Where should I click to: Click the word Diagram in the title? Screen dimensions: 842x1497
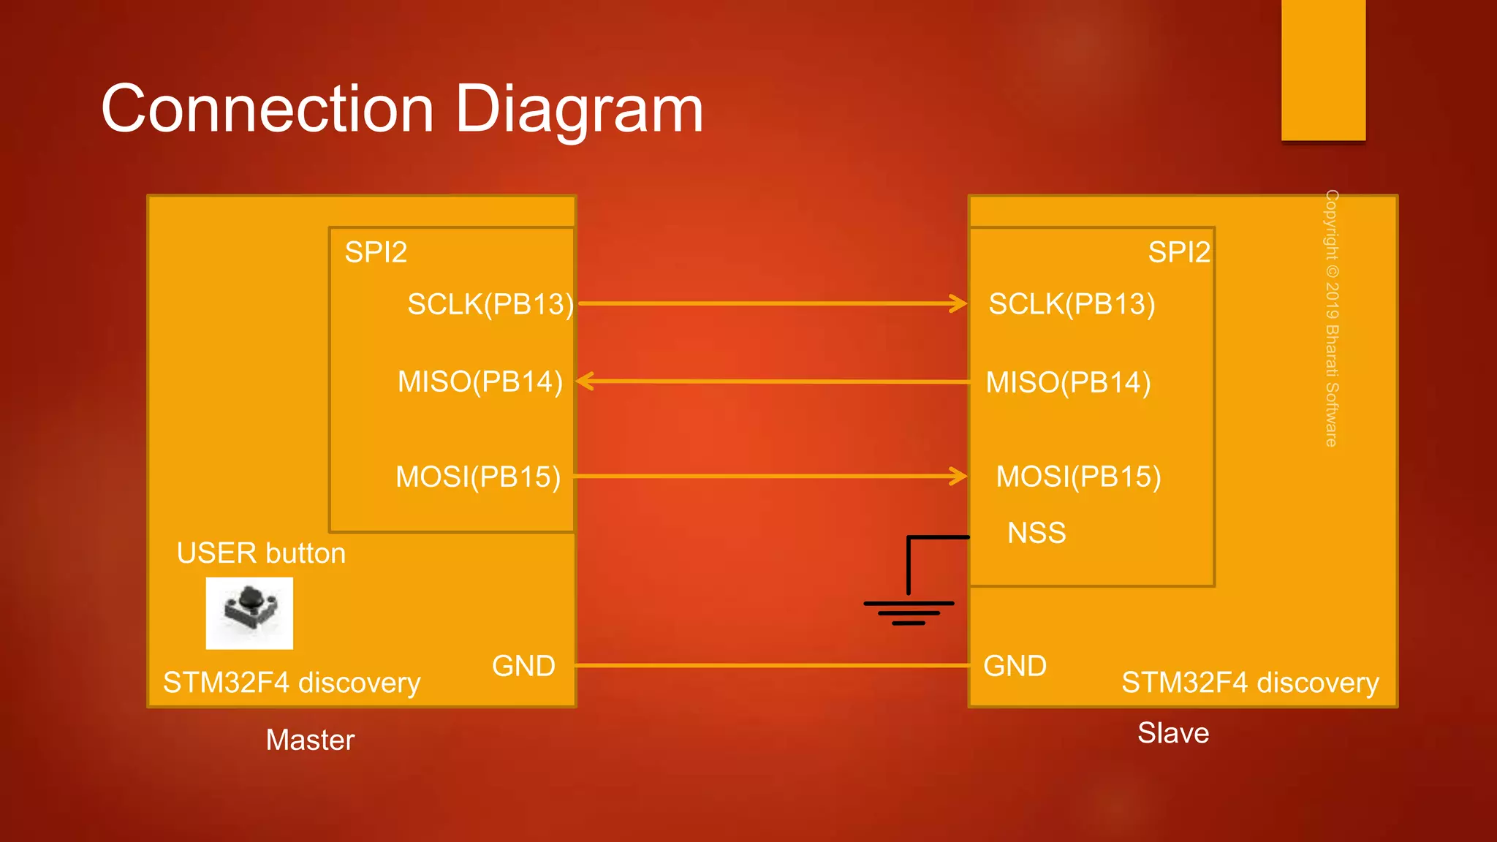click(579, 110)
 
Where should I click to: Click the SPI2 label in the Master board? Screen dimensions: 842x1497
click(376, 252)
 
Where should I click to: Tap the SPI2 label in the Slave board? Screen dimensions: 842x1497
click(1178, 252)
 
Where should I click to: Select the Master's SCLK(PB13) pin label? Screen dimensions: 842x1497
click(490, 304)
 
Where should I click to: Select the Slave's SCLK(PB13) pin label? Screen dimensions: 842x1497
click(1072, 304)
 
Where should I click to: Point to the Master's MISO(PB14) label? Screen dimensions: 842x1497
click(480, 382)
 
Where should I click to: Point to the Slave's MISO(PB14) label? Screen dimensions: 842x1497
click(1068, 382)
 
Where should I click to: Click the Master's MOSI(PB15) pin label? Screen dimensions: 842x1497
click(478, 477)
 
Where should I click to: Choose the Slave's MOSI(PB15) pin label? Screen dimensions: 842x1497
click(1078, 477)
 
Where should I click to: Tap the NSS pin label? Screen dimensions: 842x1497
click(1036, 533)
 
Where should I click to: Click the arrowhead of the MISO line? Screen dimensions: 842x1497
click(585, 381)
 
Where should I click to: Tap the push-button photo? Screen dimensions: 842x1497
click(249, 613)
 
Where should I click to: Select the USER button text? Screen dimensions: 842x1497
click(261, 553)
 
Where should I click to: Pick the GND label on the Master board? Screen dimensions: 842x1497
click(523, 666)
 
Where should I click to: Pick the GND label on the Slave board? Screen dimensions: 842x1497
click(1015, 666)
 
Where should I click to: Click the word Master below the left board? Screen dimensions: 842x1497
click(310, 740)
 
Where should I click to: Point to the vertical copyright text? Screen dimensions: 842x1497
click(1332, 318)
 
